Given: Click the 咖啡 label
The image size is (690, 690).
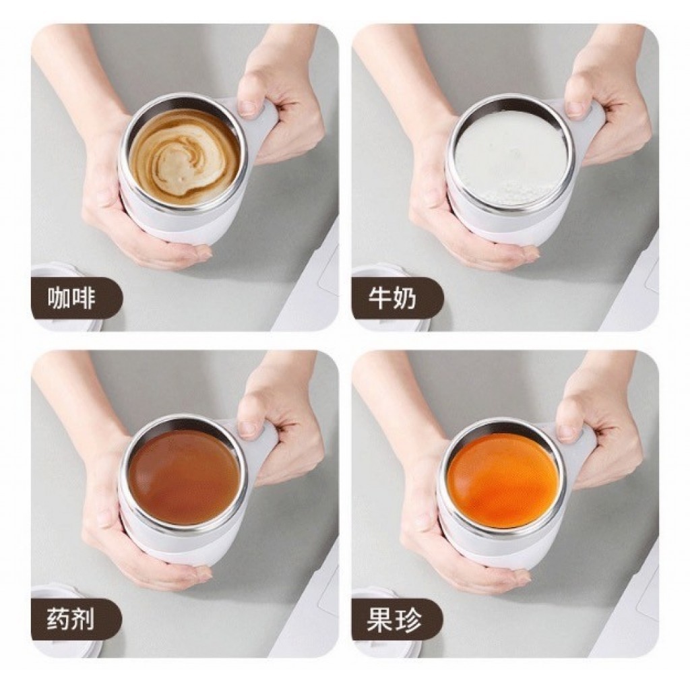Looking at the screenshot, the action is coord(71,299).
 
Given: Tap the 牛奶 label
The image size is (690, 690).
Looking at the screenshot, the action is coord(392,299).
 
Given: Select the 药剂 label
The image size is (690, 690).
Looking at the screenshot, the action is coord(71,620).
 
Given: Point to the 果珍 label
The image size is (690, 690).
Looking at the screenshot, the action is coord(394,620).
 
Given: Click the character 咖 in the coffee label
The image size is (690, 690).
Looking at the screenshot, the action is coord(59,299).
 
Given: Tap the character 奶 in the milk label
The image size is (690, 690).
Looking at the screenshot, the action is coord(404,299).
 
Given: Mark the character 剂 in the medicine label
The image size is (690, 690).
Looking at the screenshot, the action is coord(83,620).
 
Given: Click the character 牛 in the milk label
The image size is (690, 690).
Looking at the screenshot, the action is coord(380,299).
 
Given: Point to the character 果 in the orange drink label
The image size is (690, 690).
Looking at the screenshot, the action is coord(380,620).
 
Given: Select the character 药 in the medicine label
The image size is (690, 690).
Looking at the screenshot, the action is coord(59,620).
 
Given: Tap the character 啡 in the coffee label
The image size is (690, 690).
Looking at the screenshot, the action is coord(83,299).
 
